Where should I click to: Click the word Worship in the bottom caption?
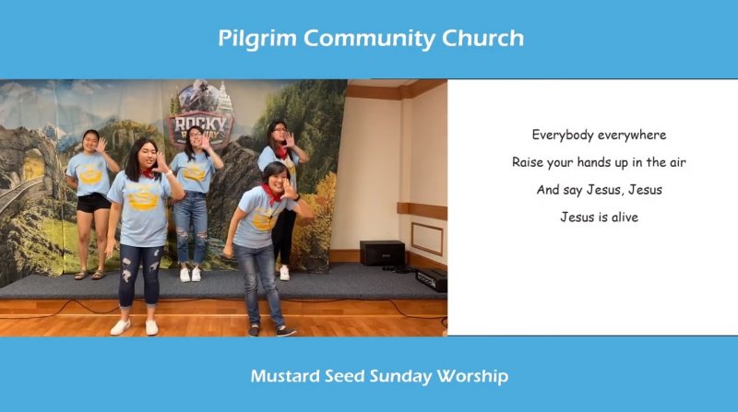pyautogui.click(x=472, y=377)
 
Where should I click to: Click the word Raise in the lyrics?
pyautogui.click(x=526, y=163)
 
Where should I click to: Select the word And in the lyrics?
pyautogui.click(x=548, y=190)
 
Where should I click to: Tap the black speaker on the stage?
pyautogui.click(x=382, y=253)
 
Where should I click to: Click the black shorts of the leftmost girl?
pyautogui.click(x=93, y=203)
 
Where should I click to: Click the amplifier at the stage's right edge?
pyautogui.click(x=432, y=280)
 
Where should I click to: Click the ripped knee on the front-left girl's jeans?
pyautogui.click(x=126, y=274)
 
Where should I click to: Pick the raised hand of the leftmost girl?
pyautogui.click(x=101, y=145)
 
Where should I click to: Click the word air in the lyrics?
pyautogui.click(x=678, y=163)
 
